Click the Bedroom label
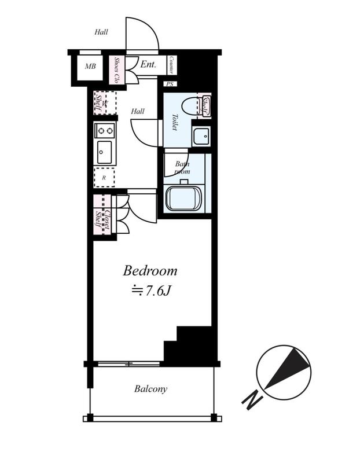150,271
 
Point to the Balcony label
150,388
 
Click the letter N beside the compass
252,400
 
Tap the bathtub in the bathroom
183,198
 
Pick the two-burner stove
105,130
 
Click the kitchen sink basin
105,152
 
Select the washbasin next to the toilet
201,136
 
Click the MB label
90,67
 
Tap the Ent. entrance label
148,64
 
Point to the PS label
170,84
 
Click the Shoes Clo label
116,70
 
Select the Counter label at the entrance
171,65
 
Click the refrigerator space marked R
104,178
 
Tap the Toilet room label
175,122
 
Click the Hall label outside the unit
101,32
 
